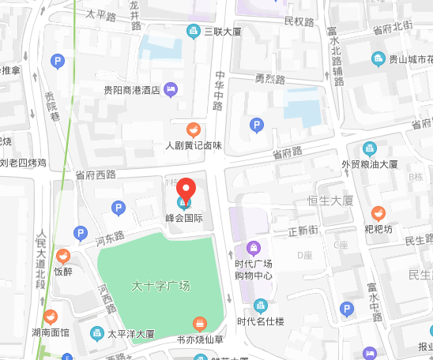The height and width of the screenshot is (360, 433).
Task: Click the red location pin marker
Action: coord(185,190)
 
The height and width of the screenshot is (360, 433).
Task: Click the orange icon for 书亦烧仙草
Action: coord(200,324)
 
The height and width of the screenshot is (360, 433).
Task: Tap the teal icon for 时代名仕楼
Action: coord(260,306)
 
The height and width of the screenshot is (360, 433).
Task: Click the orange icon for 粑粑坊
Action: coord(378,212)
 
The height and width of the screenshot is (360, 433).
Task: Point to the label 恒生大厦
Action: coord(330,201)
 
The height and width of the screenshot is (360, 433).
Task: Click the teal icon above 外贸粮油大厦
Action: coord(370,148)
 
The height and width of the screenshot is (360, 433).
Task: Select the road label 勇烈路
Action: coord(269,79)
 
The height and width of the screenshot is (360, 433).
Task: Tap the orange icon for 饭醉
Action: coord(63,256)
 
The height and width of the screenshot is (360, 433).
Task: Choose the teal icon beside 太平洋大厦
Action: coord(97,333)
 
